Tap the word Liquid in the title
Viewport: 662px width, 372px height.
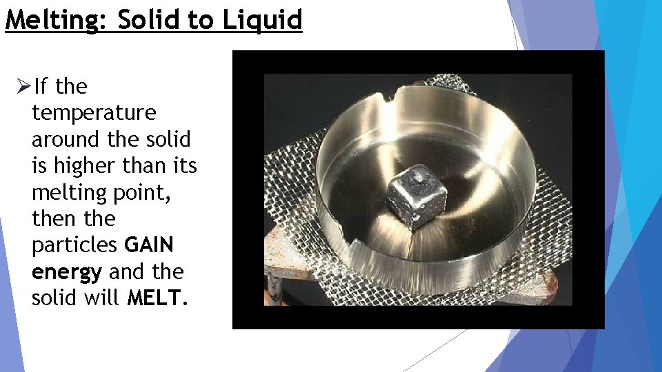(262, 20)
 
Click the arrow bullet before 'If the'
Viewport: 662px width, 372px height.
(23, 87)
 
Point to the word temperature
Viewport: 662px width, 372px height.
(94, 112)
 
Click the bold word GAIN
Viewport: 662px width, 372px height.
(149, 245)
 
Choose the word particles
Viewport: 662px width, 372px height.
(74, 245)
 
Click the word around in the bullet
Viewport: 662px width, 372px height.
(66, 139)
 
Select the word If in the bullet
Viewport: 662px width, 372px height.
(41, 87)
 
